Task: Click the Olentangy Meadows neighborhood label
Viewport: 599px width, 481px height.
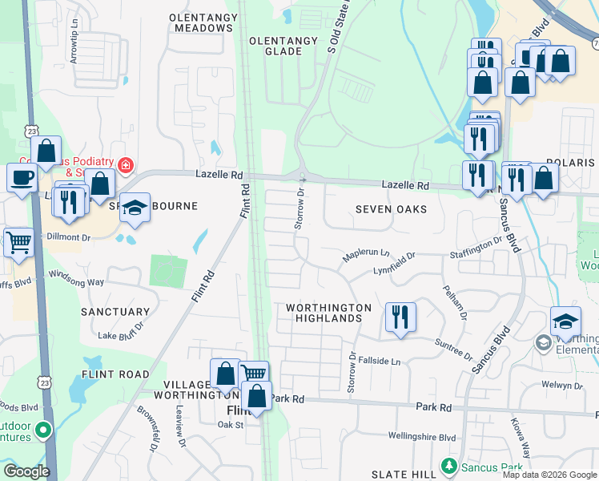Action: [x=202, y=22]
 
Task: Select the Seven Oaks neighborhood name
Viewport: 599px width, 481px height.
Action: [x=391, y=209]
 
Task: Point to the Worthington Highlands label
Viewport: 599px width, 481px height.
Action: [x=328, y=313]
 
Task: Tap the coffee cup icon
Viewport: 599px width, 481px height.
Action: [x=21, y=177]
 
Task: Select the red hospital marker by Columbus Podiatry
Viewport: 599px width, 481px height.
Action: [x=125, y=166]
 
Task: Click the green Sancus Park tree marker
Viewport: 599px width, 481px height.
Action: [x=448, y=466]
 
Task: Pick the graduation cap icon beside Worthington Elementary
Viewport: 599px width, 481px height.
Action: [x=565, y=321]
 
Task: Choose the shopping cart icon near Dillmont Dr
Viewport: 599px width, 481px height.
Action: [x=18, y=242]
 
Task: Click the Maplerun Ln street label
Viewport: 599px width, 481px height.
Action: [x=365, y=254]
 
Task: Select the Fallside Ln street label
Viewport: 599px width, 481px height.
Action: [x=379, y=362]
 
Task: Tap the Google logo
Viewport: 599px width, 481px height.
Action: [x=26, y=471]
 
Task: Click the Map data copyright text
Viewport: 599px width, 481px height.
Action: [x=549, y=475]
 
